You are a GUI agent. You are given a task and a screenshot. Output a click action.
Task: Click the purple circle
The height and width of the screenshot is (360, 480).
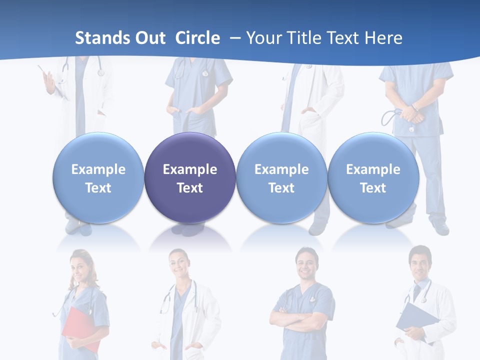190,177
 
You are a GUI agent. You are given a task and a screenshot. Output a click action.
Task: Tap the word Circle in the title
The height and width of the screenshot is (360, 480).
197,38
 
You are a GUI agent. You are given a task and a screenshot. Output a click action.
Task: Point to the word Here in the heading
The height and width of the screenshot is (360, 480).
383,38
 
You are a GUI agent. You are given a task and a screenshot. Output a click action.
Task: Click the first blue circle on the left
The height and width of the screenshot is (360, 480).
98,177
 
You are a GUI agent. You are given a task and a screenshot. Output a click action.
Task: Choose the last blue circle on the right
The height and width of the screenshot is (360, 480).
373,177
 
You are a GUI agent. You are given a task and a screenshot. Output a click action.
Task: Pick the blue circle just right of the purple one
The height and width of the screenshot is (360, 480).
281,177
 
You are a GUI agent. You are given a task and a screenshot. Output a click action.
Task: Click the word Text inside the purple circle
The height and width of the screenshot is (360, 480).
190,188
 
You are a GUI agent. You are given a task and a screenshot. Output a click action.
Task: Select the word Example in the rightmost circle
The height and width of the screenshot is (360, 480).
373,169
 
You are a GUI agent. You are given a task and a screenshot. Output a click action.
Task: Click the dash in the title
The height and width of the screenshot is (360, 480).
235,38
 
